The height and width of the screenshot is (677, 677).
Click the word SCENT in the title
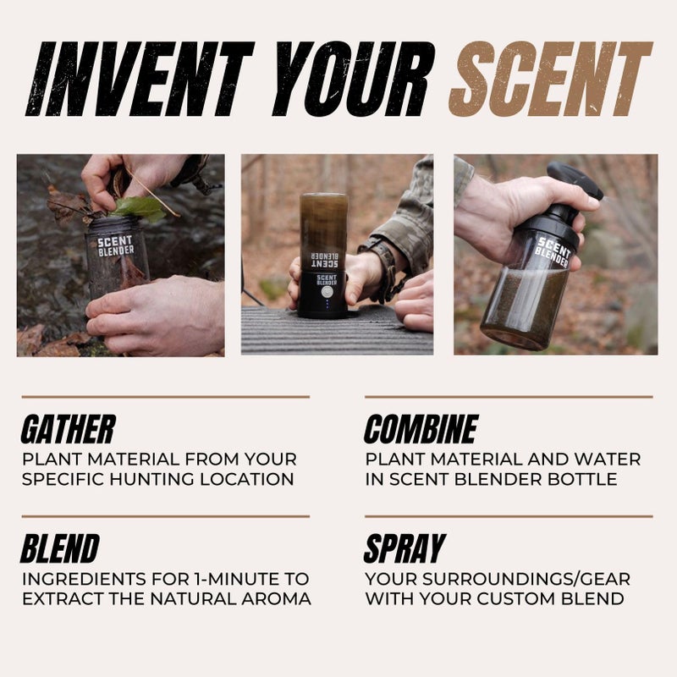tap(550, 79)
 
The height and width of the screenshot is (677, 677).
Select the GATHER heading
tap(68, 430)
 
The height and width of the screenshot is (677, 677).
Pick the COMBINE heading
tap(421, 430)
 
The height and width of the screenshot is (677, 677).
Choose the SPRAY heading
tap(404, 549)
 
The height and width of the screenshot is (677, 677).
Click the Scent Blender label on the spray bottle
tap(554, 251)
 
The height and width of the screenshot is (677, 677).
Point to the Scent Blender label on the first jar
tap(115, 245)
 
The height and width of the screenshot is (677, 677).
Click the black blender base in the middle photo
tap(322, 292)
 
